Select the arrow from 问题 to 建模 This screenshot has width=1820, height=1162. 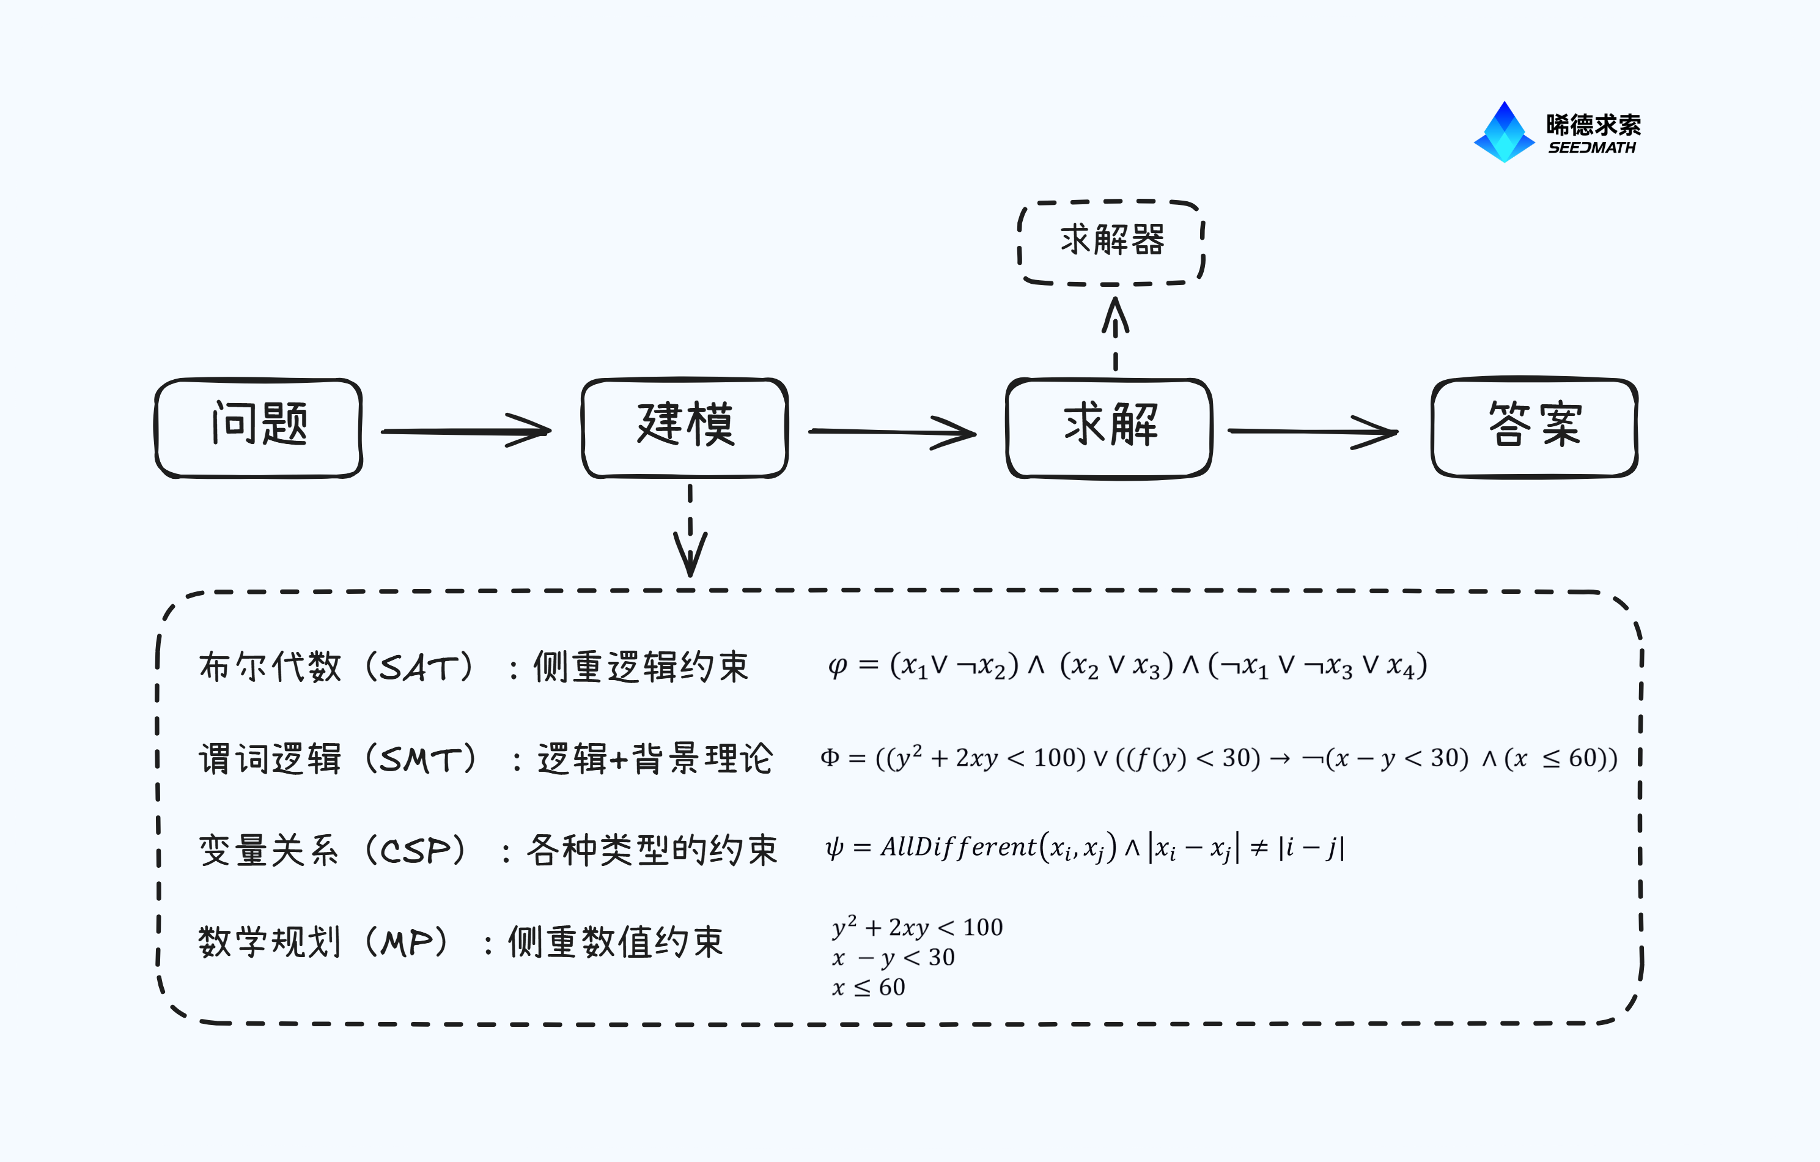coord(466,431)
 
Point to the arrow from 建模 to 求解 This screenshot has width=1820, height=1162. coord(893,432)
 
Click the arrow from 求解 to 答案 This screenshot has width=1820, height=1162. coord(1313,432)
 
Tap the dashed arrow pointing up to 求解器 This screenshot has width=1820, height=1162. coord(1116,333)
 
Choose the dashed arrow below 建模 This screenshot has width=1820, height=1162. coord(690,531)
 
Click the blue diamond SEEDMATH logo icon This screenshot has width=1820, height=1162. coord(1504,131)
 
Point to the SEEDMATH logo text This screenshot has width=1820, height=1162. coord(1592,147)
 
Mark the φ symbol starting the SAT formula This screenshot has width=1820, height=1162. coord(838,667)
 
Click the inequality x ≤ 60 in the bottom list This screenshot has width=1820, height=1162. coord(869,987)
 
